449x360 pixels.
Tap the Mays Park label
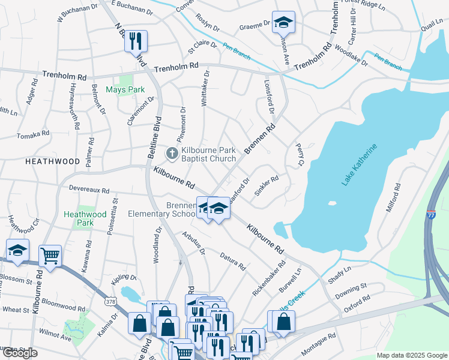[x=125, y=90]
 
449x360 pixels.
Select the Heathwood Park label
[x=85, y=218]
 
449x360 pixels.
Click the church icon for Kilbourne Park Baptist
[x=172, y=154]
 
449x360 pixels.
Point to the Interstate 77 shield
[x=432, y=214]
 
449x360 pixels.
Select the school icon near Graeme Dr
[x=283, y=23]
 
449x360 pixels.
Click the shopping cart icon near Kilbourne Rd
[x=50, y=255]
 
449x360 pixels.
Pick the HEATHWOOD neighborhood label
[x=52, y=162]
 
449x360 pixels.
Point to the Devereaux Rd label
[x=89, y=190]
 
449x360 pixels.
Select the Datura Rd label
[x=233, y=261]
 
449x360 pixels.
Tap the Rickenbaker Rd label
[x=268, y=278]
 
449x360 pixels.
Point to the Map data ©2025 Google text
[x=411, y=355]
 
